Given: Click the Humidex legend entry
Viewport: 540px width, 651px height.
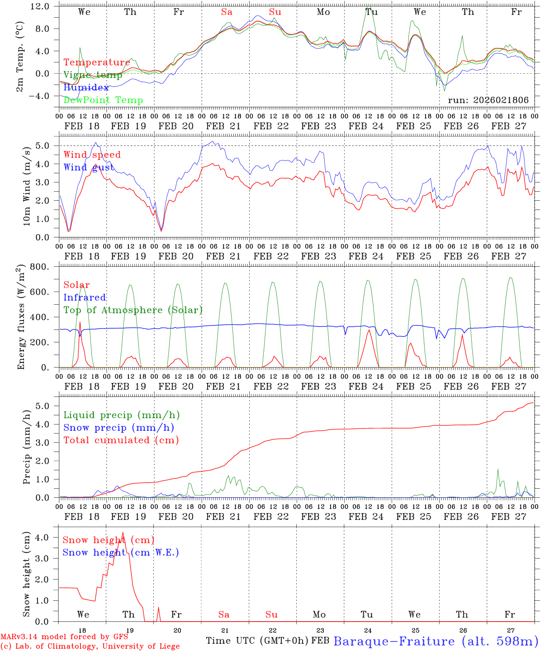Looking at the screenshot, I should tap(86, 88).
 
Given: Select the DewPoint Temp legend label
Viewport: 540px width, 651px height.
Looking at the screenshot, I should tap(103, 100).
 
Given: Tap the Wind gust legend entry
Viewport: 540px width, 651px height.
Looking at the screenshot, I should tap(89, 167).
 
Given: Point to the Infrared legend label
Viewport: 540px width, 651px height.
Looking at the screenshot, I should tap(85, 297).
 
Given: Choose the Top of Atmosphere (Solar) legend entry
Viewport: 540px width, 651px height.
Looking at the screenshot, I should tap(133, 310).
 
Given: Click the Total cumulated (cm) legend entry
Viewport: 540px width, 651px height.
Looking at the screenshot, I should tap(121, 440).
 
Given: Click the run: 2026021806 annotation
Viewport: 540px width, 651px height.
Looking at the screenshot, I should tap(488, 100).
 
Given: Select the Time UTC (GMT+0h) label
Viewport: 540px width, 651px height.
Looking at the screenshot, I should tap(257, 641).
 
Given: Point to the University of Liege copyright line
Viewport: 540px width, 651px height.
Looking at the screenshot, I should tap(90, 646).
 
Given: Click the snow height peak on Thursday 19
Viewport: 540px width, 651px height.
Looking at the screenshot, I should tap(123, 533).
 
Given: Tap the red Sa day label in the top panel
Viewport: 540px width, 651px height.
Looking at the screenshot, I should tap(227, 12).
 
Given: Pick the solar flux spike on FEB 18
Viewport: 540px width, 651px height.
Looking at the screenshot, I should tap(80, 322).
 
